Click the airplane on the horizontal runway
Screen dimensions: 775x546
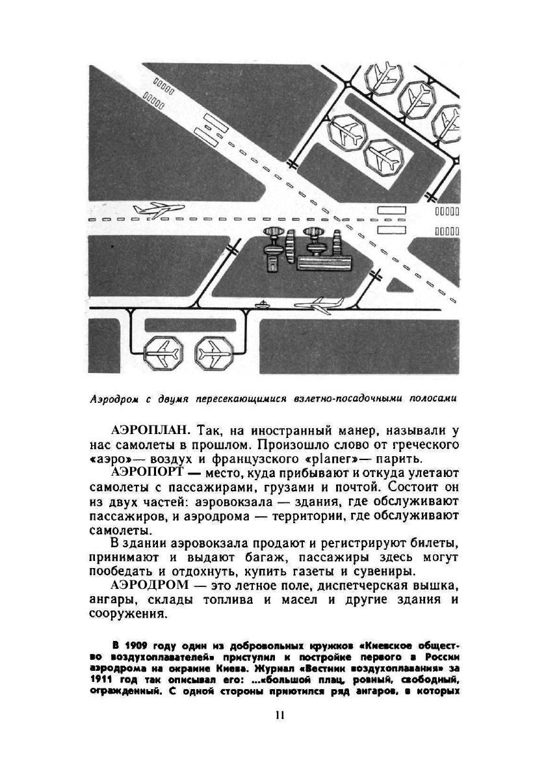click(158, 210)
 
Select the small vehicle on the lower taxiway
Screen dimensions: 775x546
click(261, 304)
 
